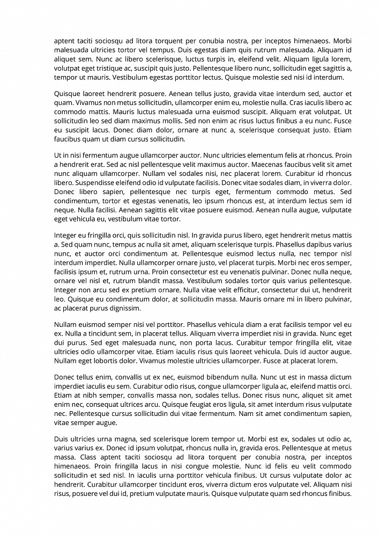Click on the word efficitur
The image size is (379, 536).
(229, 290)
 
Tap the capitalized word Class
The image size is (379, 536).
(88, 457)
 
